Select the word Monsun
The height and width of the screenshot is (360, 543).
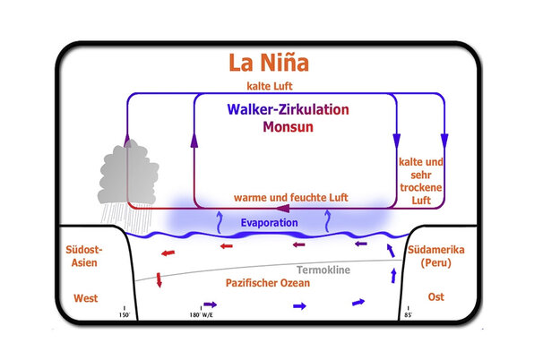pos(292,127)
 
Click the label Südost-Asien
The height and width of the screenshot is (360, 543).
pos(87,256)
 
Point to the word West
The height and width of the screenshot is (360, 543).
pos(87,298)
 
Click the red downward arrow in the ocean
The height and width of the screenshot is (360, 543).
pos(159,281)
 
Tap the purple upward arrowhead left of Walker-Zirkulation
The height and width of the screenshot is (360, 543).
pos(195,139)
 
